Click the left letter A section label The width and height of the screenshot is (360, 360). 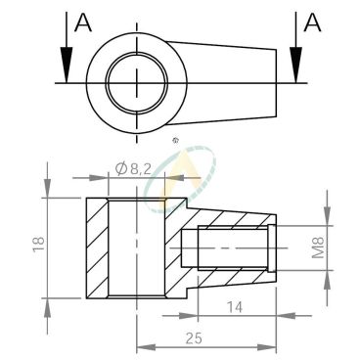pos(83,23)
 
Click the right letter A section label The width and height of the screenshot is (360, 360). pos(312,23)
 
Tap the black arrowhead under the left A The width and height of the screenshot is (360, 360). pos(67,65)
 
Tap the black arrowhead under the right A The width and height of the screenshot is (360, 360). pos(295,65)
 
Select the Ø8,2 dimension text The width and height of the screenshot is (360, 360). pos(134,169)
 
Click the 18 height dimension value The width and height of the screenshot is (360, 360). pos(38,245)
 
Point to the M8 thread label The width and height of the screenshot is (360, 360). pos(318,247)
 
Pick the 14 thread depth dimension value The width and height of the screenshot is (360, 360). pos(235,307)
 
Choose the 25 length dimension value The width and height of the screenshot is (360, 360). pos(194,338)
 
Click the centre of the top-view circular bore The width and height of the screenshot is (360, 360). pos(137,82)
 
